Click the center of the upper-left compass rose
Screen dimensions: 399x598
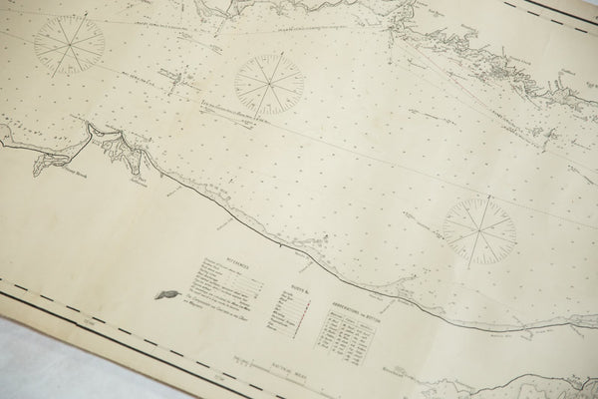(69, 44)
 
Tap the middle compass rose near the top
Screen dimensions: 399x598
(269, 83)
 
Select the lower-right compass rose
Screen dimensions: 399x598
(478, 229)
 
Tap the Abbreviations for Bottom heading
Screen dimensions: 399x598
(348, 307)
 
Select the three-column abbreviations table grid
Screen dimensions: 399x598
(344, 334)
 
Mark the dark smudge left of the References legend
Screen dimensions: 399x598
(166, 294)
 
